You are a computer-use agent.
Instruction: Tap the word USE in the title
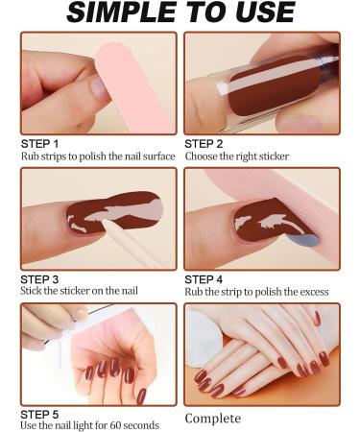(x=265, y=13)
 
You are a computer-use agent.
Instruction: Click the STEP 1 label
(x=42, y=143)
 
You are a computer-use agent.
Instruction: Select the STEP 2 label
(x=205, y=143)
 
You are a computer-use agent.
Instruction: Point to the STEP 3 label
(x=42, y=279)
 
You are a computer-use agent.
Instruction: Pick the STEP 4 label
(x=205, y=279)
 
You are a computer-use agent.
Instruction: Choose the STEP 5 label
(x=42, y=414)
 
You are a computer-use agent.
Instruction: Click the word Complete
(x=213, y=419)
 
